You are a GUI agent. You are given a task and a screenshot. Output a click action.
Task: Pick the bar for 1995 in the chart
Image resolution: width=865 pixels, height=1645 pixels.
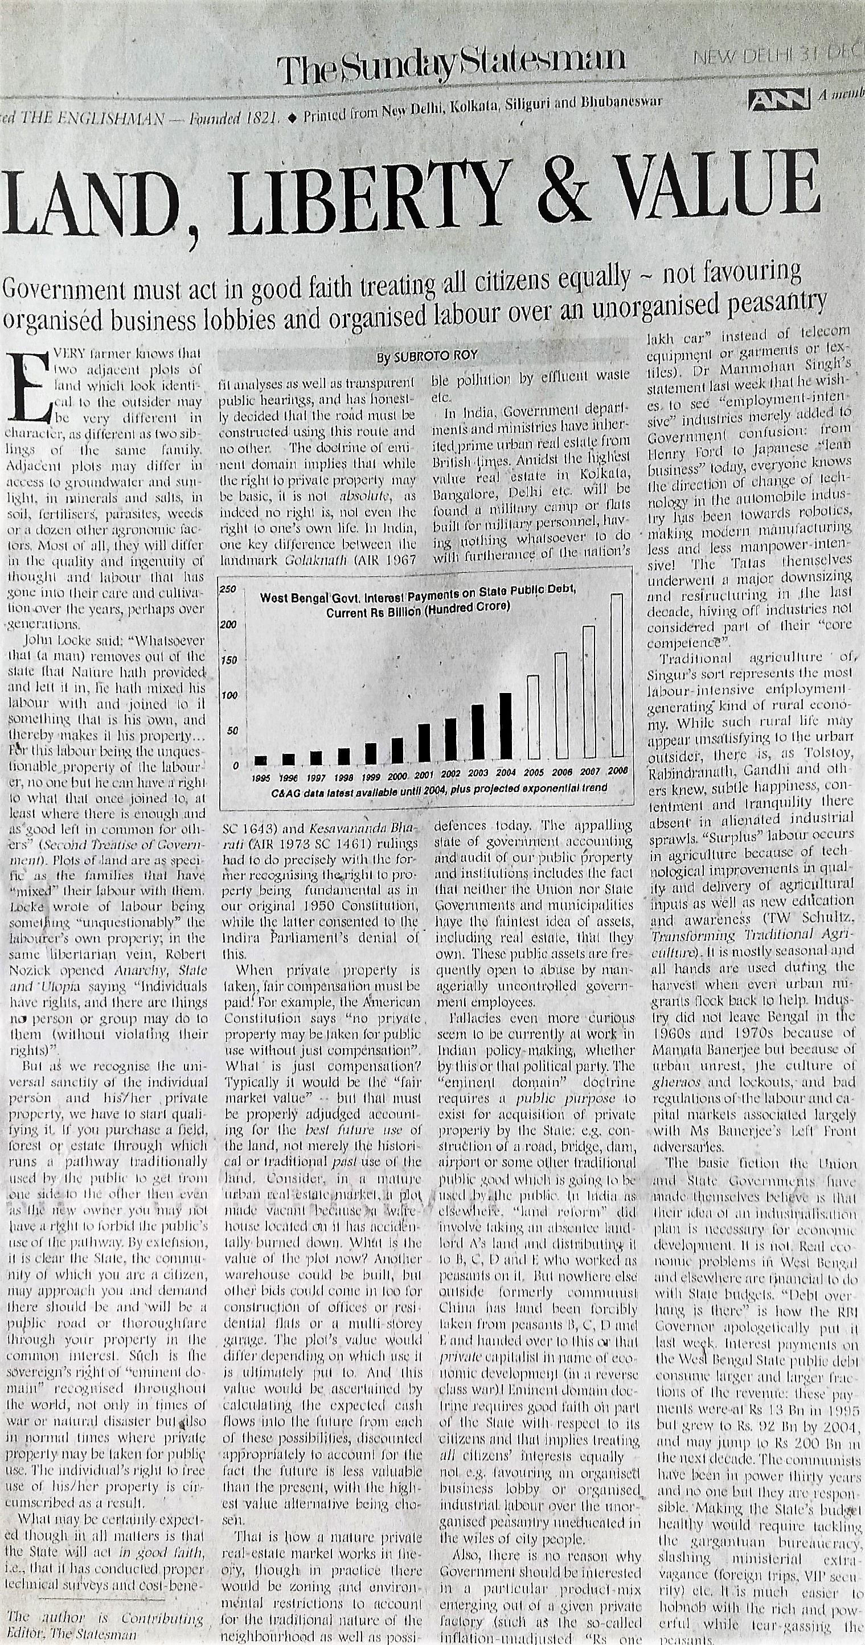260,760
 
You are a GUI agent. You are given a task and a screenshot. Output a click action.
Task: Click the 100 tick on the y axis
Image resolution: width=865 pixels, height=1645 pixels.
226,695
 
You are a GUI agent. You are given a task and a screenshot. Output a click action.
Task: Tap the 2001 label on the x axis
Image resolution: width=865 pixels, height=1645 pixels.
424,773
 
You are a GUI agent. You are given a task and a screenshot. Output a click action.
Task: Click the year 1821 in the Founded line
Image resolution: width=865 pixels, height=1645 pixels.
259,117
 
